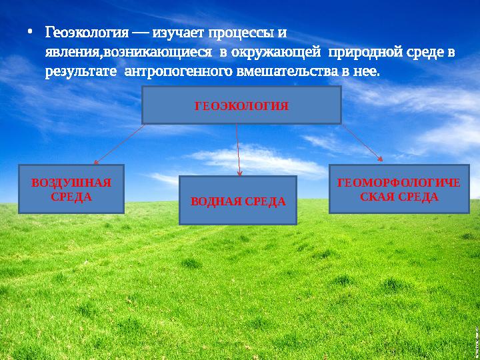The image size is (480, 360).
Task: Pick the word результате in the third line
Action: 81,70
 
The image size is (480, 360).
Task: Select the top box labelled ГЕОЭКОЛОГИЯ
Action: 241,105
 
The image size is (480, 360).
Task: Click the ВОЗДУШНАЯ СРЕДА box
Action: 71,189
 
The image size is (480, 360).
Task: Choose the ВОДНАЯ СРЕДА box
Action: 238,201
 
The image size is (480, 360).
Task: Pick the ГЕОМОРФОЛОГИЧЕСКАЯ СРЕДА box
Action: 399,189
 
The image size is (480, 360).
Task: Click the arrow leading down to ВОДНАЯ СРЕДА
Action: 238,150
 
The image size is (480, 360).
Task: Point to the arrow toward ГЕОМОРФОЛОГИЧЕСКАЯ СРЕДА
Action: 363,143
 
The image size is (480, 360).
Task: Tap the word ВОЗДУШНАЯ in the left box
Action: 71,183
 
